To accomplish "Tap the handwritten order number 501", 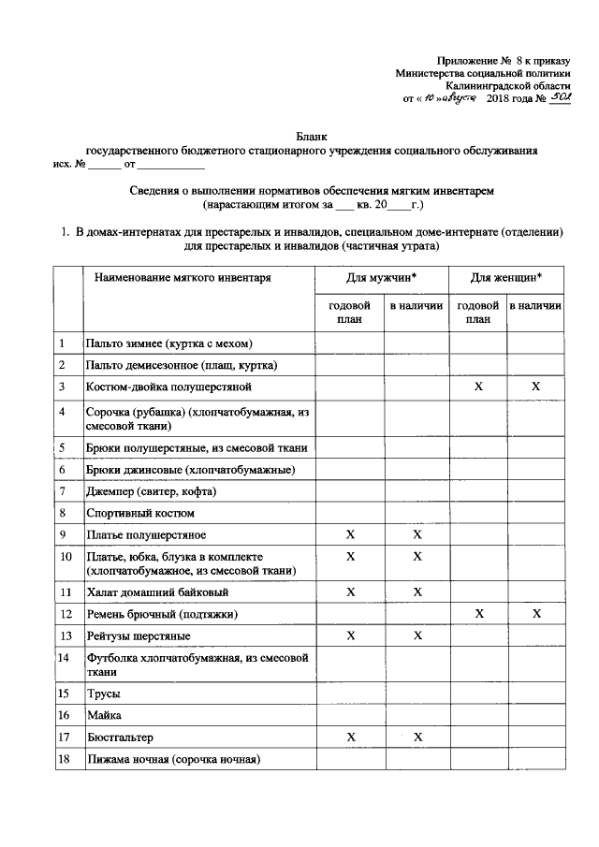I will (x=558, y=98).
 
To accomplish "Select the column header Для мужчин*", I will (x=382, y=278).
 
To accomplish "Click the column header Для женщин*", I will (x=506, y=278).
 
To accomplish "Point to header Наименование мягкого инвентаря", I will (x=182, y=278).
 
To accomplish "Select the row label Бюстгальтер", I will (x=120, y=737).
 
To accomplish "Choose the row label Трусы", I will (x=103, y=694).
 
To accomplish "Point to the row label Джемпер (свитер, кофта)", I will (x=151, y=491).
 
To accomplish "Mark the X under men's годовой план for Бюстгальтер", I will (x=351, y=737).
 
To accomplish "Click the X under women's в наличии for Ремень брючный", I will (x=536, y=614).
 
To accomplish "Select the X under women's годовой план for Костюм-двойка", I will (x=478, y=387).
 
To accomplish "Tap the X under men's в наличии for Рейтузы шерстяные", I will (x=417, y=636).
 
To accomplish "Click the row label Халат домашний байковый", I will (x=156, y=592).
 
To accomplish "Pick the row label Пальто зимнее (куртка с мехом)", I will (x=168, y=343).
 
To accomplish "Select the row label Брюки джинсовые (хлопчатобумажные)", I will (x=191, y=470).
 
